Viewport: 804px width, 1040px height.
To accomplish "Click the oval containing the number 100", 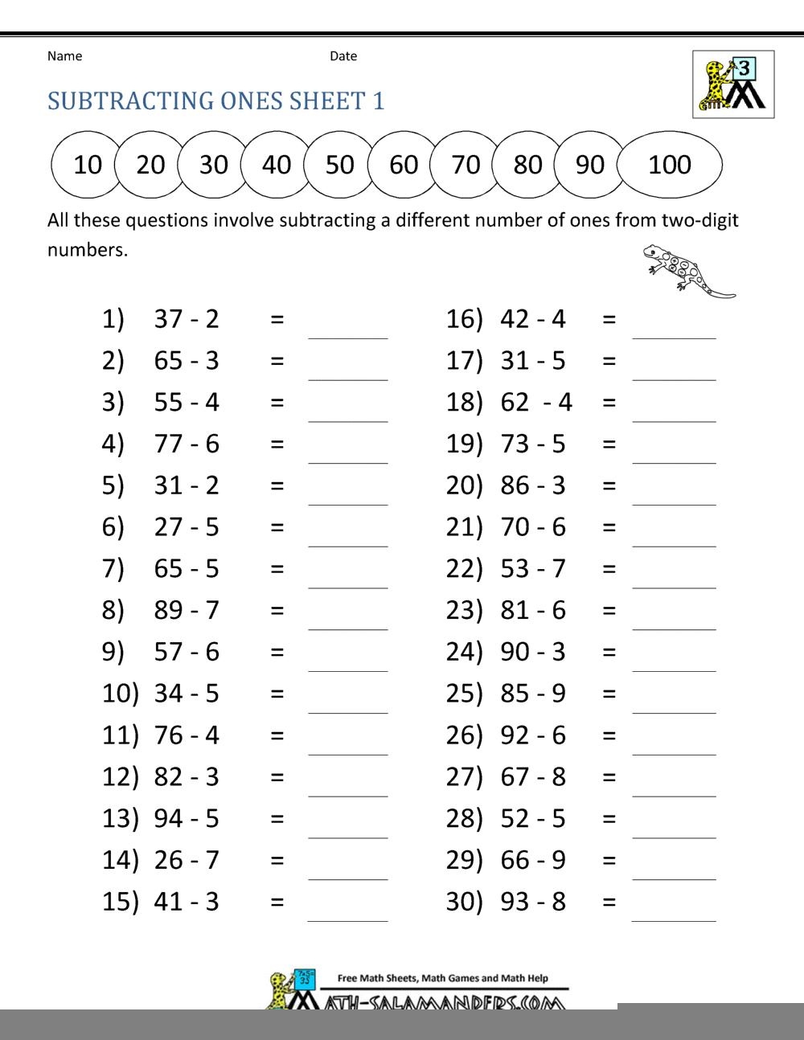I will coord(669,165).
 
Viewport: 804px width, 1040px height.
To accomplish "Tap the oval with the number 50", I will coord(339,165).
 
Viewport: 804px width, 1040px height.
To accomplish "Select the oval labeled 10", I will coord(87,165).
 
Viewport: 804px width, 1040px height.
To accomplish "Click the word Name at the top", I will coord(64,56).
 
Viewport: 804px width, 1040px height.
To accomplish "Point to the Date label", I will coord(343,56).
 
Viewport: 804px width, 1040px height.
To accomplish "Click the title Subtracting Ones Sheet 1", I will coord(216,100).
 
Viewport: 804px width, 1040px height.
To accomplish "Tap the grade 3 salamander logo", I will coord(733,84).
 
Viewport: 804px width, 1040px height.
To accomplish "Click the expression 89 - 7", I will coord(187,610).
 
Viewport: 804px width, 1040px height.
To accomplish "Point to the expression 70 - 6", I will coord(532,527).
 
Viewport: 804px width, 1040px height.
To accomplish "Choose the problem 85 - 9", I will coord(532,693).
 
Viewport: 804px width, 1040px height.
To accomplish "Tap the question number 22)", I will coord(464,569).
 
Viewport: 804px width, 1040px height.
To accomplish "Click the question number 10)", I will coord(121,693).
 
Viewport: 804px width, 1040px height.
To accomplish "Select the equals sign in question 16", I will coord(609,319).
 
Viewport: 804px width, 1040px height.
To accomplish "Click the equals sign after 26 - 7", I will coord(277,860).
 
